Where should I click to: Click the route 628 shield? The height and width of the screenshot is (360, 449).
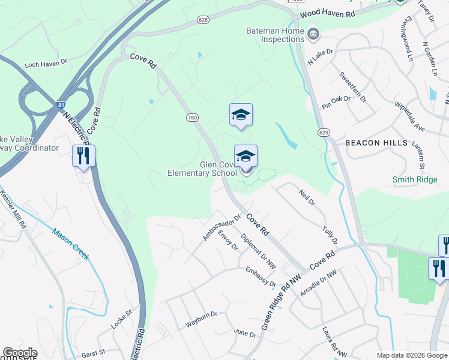click(203, 20)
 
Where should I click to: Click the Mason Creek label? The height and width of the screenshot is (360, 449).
click(70, 244)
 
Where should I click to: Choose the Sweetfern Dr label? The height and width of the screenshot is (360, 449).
click(353, 86)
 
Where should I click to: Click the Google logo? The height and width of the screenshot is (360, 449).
click(20, 352)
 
